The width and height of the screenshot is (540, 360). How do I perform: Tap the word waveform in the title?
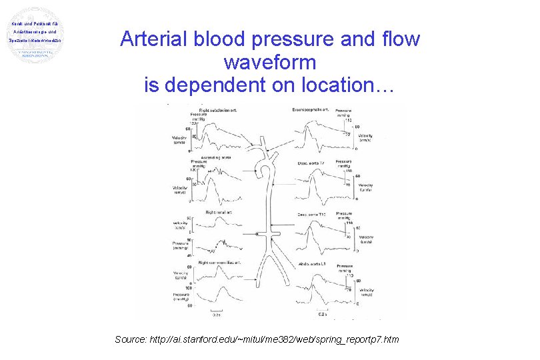tap(269, 63)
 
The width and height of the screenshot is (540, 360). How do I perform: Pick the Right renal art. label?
tap(218, 211)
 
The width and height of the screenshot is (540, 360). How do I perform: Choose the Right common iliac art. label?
tap(219, 262)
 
